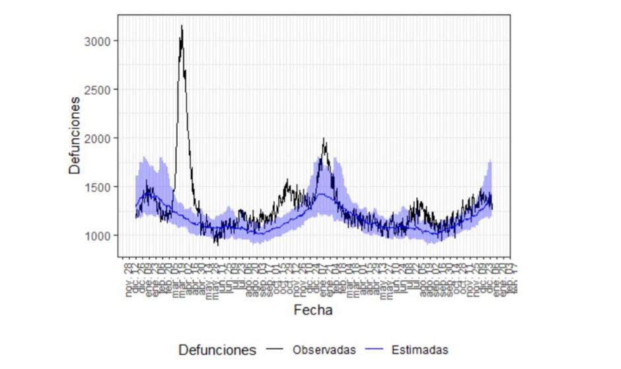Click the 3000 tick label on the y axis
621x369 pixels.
[x=98, y=41]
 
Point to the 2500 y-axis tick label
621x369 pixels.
[x=98, y=89]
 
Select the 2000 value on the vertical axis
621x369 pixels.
[x=98, y=138]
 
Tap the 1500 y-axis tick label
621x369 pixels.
[x=98, y=186]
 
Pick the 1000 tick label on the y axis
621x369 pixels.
[x=98, y=235]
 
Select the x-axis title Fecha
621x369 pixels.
[x=314, y=309]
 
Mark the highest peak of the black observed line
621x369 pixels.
[x=182, y=26]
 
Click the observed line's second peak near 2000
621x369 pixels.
[x=324, y=139]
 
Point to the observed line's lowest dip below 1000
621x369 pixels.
[x=216, y=245]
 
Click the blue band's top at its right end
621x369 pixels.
[x=491, y=161]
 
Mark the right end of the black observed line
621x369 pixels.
[x=493, y=208]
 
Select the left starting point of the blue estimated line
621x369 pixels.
[x=136, y=206]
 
